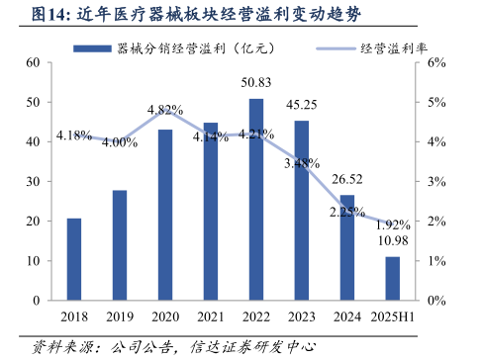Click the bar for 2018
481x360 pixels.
(x=74, y=259)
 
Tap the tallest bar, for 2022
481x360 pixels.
(x=255, y=199)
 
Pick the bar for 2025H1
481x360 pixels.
(x=392, y=278)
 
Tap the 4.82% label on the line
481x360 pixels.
(x=165, y=110)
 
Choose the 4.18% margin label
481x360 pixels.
(x=74, y=135)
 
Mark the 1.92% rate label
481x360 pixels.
(x=393, y=225)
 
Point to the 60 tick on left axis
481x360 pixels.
(x=33, y=62)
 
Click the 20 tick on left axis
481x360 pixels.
(x=33, y=221)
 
